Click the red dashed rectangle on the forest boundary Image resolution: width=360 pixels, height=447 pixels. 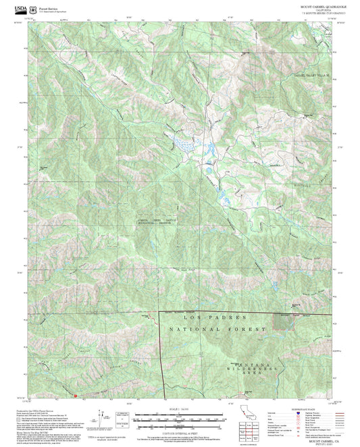click(x=284, y=320)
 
